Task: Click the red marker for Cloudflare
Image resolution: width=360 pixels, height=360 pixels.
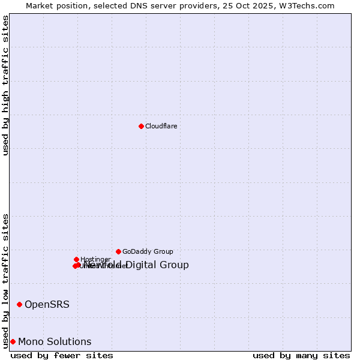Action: coord(141,126)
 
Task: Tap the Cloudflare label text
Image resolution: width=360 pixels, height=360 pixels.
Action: coord(161,126)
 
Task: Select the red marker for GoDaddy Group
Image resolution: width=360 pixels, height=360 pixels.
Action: coord(118,251)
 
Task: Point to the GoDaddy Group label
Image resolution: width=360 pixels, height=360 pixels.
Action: coord(148,251)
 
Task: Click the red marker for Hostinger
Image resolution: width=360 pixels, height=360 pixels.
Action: coord(76,259)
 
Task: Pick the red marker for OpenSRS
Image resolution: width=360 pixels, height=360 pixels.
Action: coord(19,304)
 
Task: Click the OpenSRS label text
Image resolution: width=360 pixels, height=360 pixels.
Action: coord(47,304)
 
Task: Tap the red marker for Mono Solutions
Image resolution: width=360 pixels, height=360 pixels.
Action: coord(13,341)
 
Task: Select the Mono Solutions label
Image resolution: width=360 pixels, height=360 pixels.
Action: coord(55,341)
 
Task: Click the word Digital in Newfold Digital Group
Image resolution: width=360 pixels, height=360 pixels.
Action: coord(142,265)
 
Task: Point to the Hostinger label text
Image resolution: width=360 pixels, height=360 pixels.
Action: coord(95,259)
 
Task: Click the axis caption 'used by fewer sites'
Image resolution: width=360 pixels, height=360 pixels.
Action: coord(62,355)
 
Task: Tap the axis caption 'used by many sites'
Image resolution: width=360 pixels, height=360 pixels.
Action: coord(301,355)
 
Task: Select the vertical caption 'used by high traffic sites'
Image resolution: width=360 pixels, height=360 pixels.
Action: coord(5,85)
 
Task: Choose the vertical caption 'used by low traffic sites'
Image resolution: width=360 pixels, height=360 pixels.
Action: coord(5,280)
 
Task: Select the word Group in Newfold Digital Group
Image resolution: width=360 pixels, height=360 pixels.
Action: coord(174,265)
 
